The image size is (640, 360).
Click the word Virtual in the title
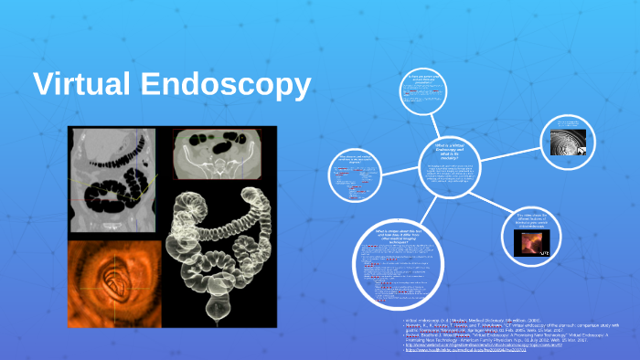[81, 85]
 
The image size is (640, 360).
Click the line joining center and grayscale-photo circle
[517, 150]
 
